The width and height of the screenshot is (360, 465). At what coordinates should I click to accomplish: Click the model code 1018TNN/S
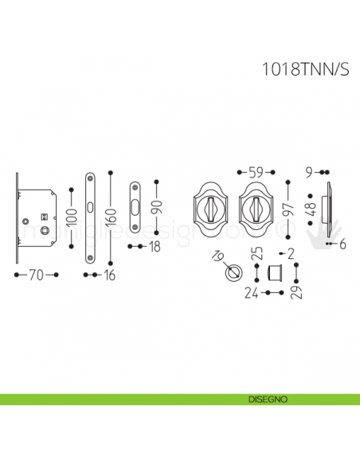305,69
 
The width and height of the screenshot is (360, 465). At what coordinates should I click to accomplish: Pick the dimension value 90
157,211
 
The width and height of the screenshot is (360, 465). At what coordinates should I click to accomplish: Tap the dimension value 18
154,247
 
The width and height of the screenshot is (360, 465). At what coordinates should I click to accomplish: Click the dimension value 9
309,171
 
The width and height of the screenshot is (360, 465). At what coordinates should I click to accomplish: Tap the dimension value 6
342,245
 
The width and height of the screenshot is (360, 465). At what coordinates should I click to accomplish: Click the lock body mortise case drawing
38,217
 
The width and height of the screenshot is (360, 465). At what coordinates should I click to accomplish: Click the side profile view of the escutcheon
328,211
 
